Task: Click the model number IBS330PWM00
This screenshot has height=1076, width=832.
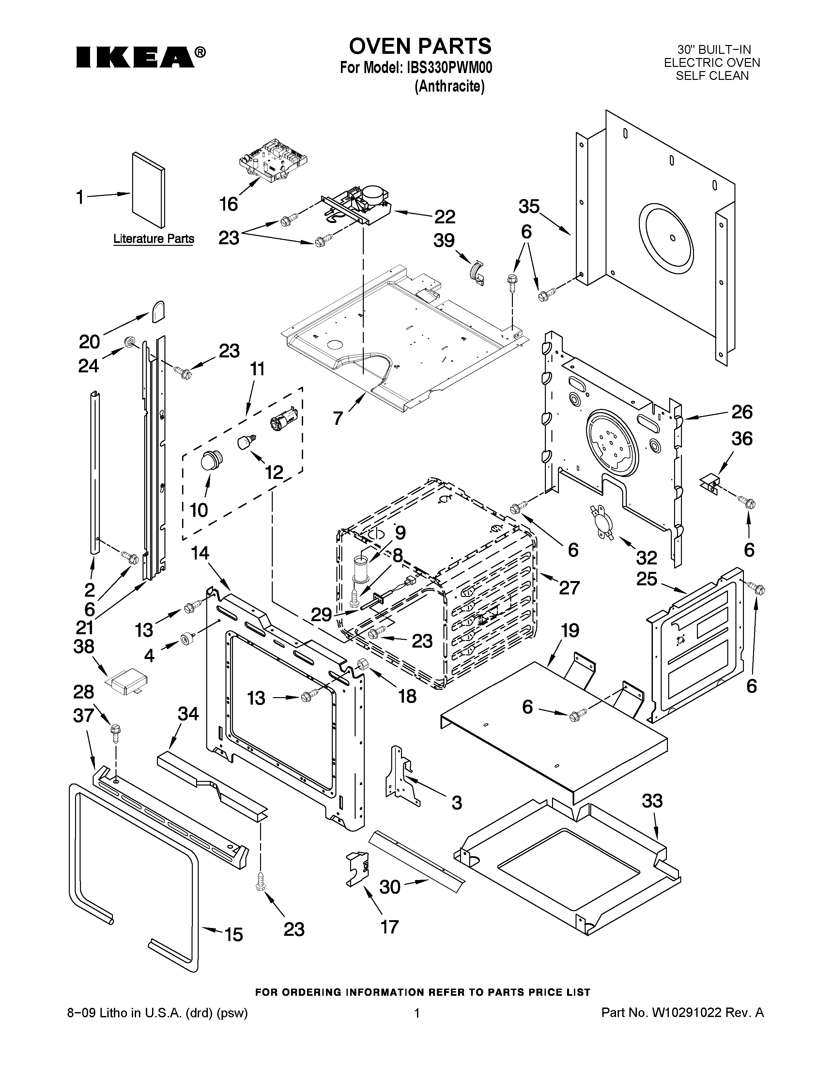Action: [450, 67]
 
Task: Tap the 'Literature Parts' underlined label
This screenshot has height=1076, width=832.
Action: [154, 239]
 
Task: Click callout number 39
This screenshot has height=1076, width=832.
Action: [444, 241]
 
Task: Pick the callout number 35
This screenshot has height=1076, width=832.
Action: [529, 206]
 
